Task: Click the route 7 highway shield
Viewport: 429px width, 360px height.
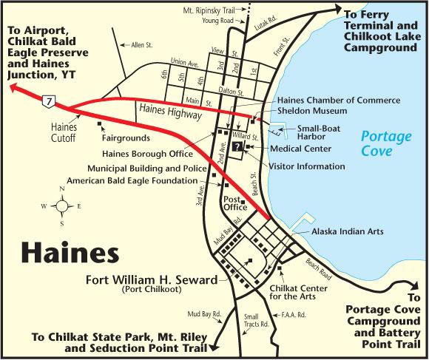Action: click(x=48, y=99)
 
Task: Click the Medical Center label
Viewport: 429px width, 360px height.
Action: click(x=291, y=148)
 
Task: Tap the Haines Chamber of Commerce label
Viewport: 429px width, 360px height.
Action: click(x=338, y=100)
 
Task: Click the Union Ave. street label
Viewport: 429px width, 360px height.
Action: click(x=184, y=62)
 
